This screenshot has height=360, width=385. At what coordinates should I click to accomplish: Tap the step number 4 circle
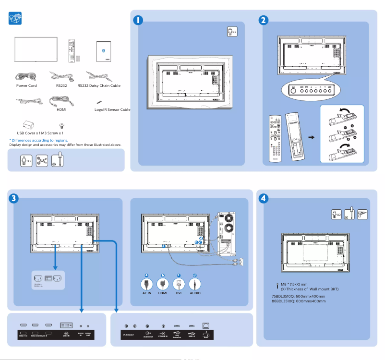click(x=263, y=198)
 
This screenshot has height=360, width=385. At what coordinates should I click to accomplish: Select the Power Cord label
click(x=26, y=85)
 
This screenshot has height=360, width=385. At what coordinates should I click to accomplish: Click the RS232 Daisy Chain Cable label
click(x=99, y=85)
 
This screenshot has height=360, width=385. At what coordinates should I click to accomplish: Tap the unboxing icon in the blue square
click(x=16, y=19)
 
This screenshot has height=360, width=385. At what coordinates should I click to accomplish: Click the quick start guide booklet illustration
click(x=104, y=50)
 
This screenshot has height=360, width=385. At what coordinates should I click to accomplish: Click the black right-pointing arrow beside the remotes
click(x=311, y=137)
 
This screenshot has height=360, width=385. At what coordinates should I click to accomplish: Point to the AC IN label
click(x=147, y=292)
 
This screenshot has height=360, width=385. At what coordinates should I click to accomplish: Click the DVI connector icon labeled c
click(x=179, y=283)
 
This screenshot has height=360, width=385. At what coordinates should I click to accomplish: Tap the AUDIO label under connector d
click(x=195, y=292)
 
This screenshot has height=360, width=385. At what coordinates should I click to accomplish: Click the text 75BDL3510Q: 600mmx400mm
click(x=298, y=296)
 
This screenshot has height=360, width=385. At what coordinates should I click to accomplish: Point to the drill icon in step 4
click(x=362, y=214)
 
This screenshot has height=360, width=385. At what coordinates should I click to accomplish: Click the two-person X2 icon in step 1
click(x=232, y=32)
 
